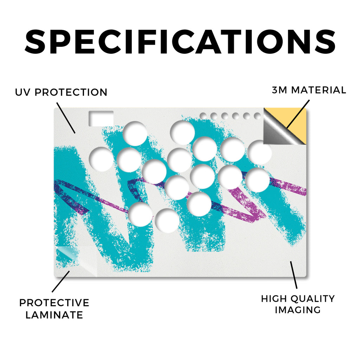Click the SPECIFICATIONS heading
click(x=180, y=42)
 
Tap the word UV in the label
click(x=22, y=92)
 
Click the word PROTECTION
click(x=71, y=92)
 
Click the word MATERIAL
click(x=319, y=90)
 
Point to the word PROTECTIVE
click(x=54, y=303)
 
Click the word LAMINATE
click(x=54, y=315)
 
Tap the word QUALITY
click(x=311, y=299)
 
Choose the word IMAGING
click(x=298, y=310)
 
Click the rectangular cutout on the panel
click(x=101, y=118)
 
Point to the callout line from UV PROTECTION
click(x=66, y=118)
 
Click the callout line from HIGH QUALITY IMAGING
click(x=294, y=275)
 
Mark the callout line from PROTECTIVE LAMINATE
click(x=61, y=282)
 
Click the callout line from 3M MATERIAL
click(x=298, y=114)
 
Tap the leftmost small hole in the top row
click(x=203, y=116)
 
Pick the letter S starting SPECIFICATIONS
click(x=35, y=42)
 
